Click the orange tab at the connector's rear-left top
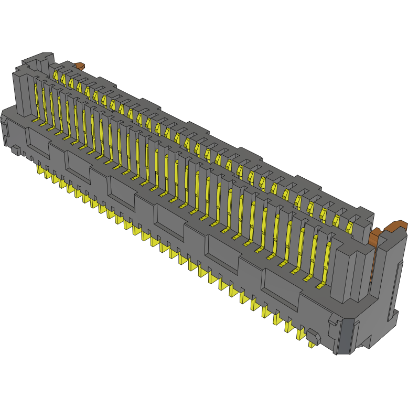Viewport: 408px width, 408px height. tap(79, 66)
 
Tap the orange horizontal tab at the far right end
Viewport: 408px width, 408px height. tap(396, 227)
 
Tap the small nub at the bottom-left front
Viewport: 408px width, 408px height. tap(16, 151)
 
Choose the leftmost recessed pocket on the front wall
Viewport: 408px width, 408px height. tap(38, 142)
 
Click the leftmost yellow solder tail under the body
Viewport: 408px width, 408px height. tap(40, 169)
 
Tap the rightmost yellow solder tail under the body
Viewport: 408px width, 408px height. tap(313, 343)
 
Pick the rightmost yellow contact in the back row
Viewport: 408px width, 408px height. tap(350, 226)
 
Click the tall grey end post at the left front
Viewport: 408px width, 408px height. tap(23, 94)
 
